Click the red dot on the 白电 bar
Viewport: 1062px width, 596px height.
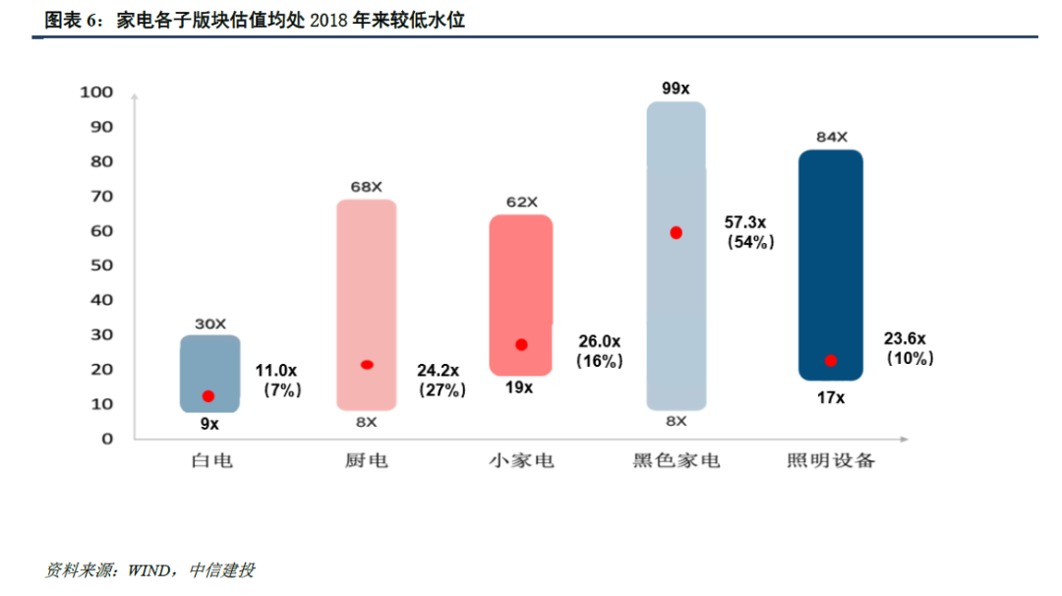click(x=207, y=396)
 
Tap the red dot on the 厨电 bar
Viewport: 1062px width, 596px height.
click(x=367, y=365)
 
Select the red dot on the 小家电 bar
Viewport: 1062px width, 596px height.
click(x=521, y=345)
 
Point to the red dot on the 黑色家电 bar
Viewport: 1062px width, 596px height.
click(x=676, y=233)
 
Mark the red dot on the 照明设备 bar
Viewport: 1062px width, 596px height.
click(x=831, y=361)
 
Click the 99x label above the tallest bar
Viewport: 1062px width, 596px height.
click(x=676, y=89)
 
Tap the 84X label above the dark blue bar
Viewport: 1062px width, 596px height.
click(x=831, y=138)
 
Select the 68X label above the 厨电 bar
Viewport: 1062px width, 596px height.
click(x=367, y=187)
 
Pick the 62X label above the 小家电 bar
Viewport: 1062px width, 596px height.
click(x=521, y=203)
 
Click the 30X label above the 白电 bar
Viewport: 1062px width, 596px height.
click(x=209, y=324)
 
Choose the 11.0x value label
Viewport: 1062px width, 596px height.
click(x=276, y=371)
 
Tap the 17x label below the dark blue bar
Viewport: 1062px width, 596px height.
click(x=831, y=397)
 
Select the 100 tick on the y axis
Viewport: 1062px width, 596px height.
click(x=101, y=92)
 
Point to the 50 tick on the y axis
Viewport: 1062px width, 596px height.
click(x=105, y=266)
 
